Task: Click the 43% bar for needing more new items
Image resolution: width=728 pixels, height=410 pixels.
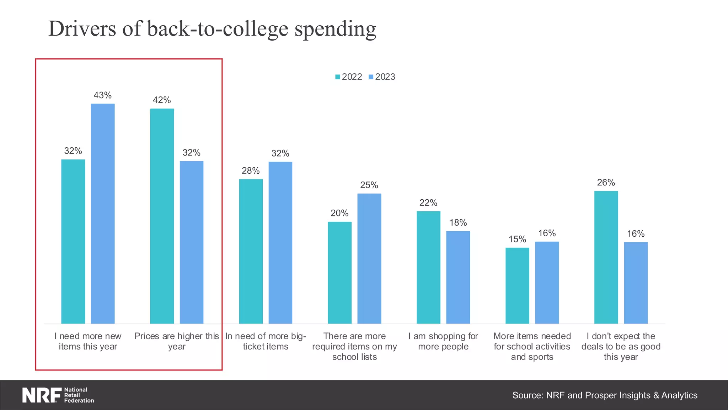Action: click(103, 214)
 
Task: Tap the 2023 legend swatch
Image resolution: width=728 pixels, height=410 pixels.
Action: click(371, 77)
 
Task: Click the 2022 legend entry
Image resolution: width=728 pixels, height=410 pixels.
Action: click(349, 77)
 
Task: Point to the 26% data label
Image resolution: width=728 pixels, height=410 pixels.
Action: click(606, 183)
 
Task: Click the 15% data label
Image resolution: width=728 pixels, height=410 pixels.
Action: click(517, 239)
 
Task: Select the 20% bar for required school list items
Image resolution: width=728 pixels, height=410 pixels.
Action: click(339, 273)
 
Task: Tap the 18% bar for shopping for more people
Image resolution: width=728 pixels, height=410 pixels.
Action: click(458, 277)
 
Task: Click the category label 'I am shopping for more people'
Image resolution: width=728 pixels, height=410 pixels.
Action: click(443, 341)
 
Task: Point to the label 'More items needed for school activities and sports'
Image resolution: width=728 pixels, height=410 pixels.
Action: click(532, 346)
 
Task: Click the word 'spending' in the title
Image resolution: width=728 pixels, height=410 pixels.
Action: click(335, 29)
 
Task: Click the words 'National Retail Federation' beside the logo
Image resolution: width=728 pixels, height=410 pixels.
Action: click(79, 395)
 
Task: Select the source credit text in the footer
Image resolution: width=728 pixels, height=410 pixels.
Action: click(604, 395)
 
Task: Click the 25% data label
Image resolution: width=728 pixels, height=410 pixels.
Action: click(369, 185)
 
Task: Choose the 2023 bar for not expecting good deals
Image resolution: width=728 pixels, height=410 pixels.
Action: click(636, 283)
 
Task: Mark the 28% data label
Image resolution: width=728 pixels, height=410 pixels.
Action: click(251, 171)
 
